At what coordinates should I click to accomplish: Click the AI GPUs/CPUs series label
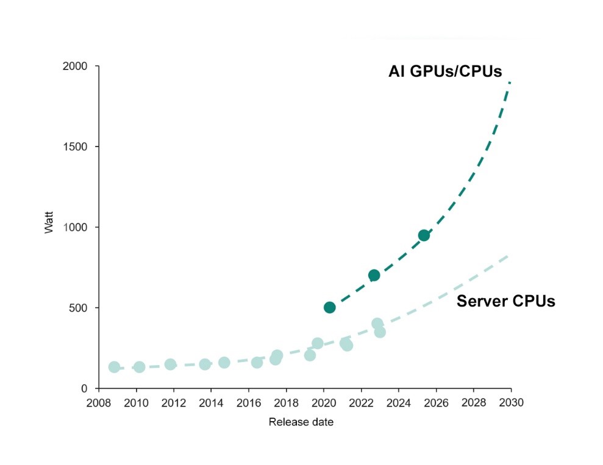pos(445,72)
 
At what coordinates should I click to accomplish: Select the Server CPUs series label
pos(505,301)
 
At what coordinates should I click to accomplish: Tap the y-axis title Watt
pos(49,222)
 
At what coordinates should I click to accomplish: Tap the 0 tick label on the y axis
pos(85,388)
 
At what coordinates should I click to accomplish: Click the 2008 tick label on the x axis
pos(99,402)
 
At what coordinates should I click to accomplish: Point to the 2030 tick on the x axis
pos(511,402)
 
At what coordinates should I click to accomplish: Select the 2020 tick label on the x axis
pos(324,402)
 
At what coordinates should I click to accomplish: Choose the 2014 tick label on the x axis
pos(211,402)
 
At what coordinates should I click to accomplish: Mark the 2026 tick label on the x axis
pos(437,402)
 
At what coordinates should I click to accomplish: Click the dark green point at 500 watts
pos(329,307)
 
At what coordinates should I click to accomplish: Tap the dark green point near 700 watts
pos(374,275)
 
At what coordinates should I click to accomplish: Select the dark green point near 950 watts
pos(424,236)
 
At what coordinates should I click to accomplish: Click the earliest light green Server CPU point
pos(114,367)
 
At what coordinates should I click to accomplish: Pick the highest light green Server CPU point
pos(377,324)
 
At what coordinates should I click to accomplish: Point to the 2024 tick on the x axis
pos(399,402)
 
